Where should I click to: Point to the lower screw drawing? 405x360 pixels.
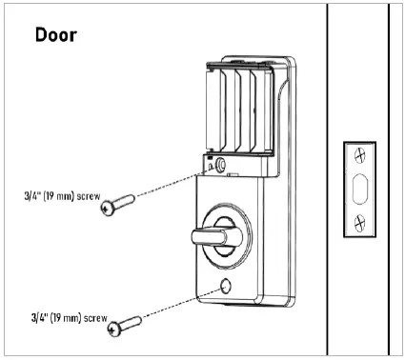[x=128, y=323]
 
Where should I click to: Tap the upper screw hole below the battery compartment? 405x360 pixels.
[x=222, y=165]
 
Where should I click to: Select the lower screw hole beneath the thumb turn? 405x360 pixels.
[x=227, y=287]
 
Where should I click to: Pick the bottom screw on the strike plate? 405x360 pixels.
[x=359, y=225]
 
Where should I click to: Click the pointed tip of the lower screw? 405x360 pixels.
[x=143, y=319]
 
